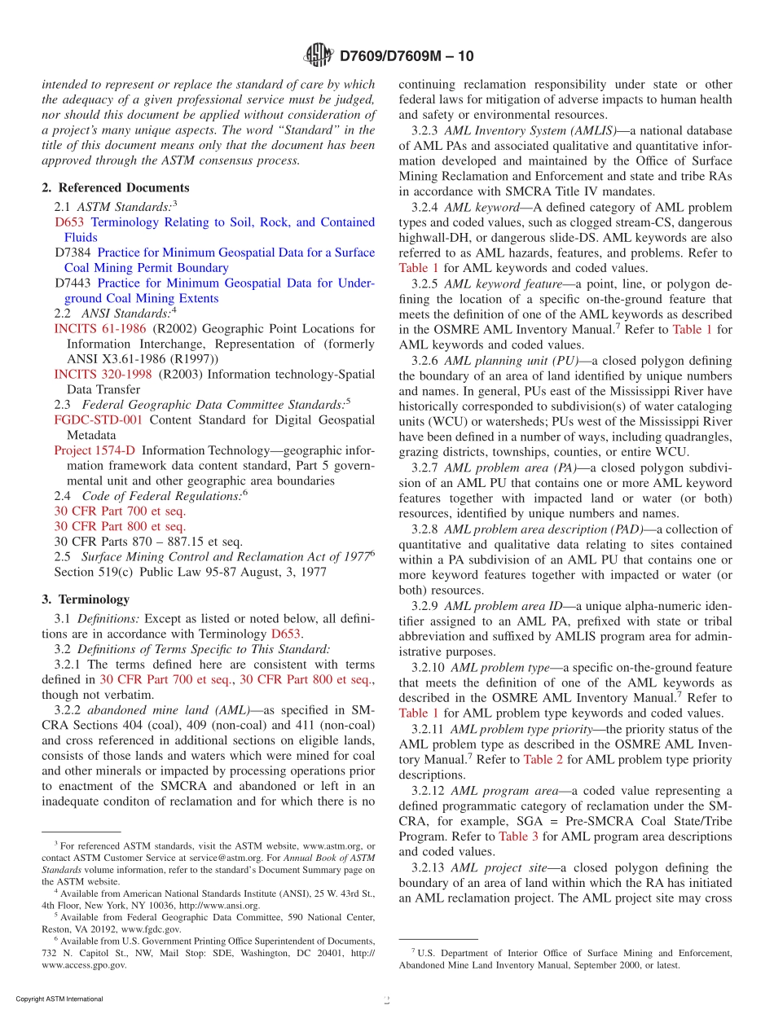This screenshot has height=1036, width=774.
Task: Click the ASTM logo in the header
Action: coord(318,55)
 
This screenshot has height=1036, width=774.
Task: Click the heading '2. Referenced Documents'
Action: coord(116,187)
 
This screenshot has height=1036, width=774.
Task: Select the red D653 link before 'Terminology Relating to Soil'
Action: coord(69,222)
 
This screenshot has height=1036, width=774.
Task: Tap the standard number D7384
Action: coord(73,252)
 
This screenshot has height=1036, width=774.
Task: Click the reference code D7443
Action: coord(73,283)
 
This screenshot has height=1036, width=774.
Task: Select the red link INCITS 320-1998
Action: coord(103,374)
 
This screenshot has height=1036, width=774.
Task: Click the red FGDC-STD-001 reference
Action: coord(98,419)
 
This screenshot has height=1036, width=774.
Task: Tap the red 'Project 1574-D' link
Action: coord(95,450)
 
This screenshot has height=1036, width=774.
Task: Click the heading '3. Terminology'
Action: coord(86,599)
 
